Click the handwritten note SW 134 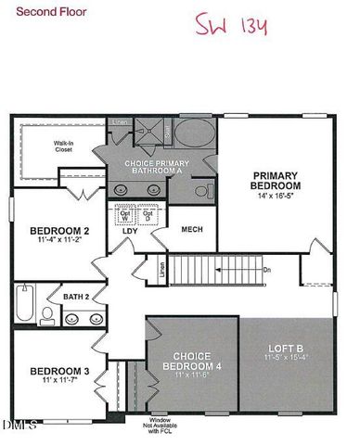tap(232, 24)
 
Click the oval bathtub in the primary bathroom tap(193, 134)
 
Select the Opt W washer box tap(125, 214)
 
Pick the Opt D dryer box tap(148, 214)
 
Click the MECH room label tap(192, 229)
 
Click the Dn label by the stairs tap(267, 271)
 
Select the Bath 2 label tap(76, 297)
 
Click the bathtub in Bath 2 tap(24, 304)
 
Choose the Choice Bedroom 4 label tap(188, 359)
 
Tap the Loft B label tap(288, 351)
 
